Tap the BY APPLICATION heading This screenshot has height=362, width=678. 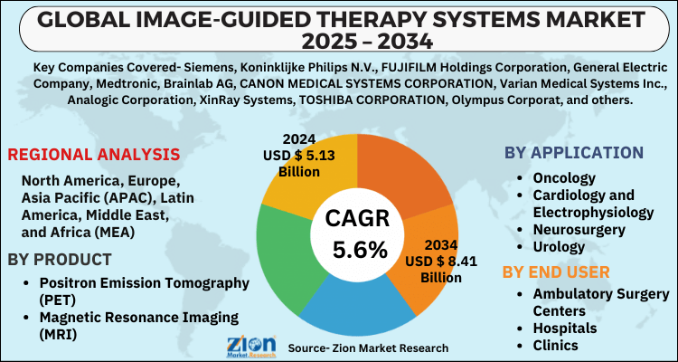(x=574, y=153)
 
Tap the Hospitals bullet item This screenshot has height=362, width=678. (x=565, y=328)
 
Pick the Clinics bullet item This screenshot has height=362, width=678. (x=556, y=345)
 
